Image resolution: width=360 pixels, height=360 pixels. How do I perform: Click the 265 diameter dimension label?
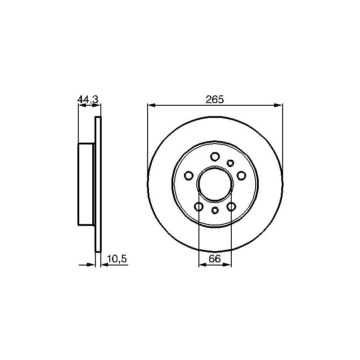coord(215,99)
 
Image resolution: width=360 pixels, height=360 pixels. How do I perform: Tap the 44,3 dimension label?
coord(88,99)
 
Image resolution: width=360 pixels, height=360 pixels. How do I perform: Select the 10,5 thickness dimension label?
coord(117,259)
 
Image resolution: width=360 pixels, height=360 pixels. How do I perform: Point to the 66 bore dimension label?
coord(215,259)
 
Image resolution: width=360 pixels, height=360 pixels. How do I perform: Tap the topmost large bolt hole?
coord(215,157)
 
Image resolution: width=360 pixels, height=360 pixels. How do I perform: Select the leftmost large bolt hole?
coord(189,175)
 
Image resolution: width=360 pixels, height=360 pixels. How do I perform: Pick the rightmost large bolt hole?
coord(241,175)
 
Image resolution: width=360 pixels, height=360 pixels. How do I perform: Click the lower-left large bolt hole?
coord(198,207)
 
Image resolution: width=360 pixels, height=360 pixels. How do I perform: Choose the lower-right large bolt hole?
coord(231,207)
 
